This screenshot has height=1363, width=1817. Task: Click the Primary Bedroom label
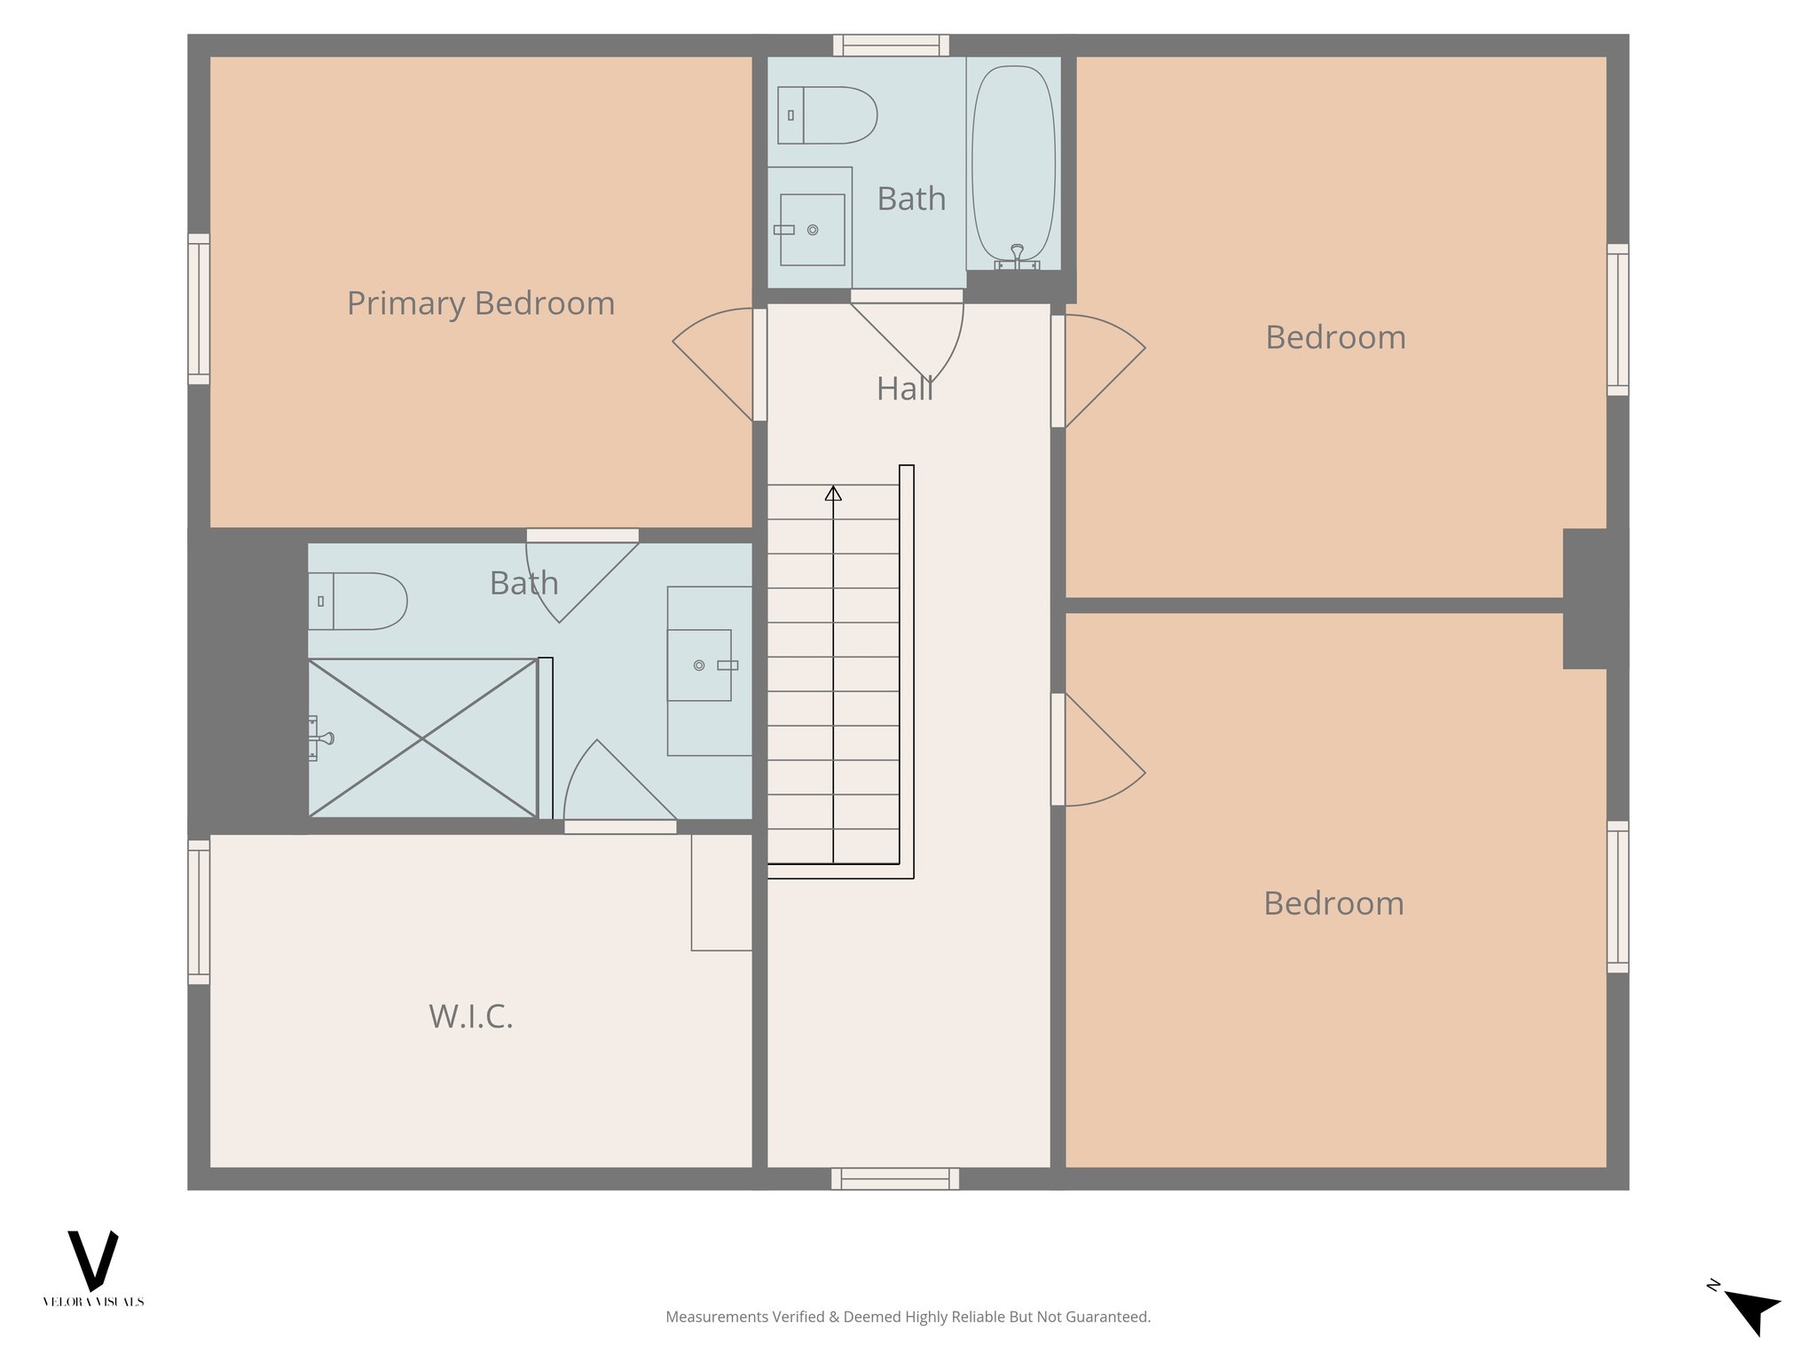click(x=480, y=303)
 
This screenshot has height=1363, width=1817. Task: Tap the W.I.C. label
click(x=470, y=1016)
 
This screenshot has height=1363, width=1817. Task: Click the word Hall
click(x=904, y=389)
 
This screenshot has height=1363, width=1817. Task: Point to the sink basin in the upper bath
click(x=812, y=230)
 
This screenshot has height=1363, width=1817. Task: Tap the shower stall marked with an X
click(x=422, y=737)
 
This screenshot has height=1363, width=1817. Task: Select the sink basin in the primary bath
click(x=699, y=666)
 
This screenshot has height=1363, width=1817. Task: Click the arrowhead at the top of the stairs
click(x=833, y=492)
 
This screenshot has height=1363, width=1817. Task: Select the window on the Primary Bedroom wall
click(x=199, y=309)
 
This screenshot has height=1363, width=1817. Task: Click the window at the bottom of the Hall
click(x=895, y=1178)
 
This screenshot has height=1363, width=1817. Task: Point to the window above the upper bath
click(x=891, y=45)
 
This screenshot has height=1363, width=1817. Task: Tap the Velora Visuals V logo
click(x=93, y=1260)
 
